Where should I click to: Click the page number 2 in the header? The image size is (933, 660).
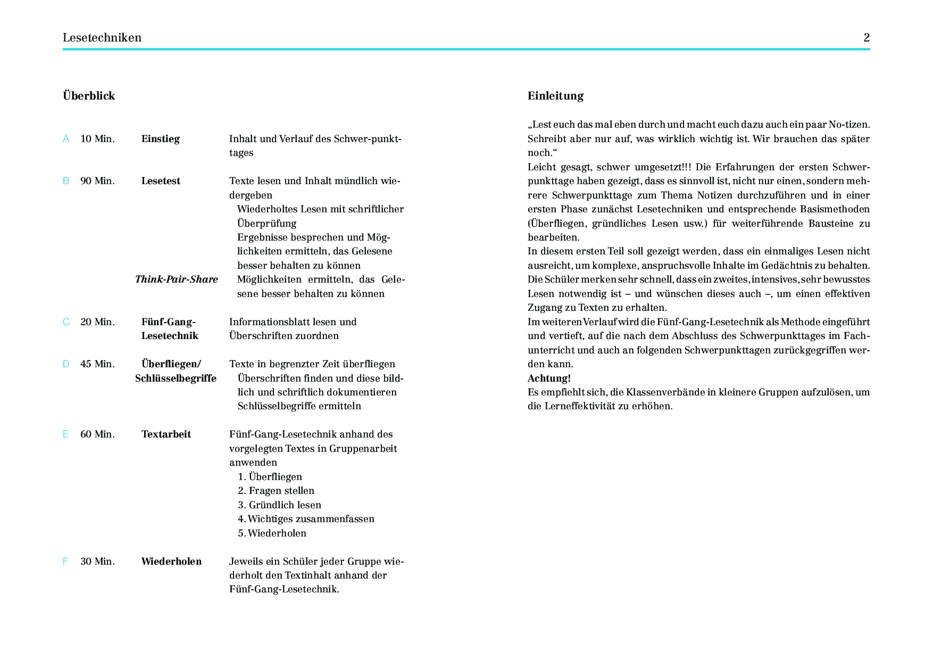pos(867,38)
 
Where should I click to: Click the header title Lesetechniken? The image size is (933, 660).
pos(102,38)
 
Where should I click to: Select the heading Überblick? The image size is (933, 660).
pos(89,96)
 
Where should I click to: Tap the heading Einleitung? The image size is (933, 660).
pos(555,96)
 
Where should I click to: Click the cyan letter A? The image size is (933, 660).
pos(66,139)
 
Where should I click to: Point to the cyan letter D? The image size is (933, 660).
pos(66,364)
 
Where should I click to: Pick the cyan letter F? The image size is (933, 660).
pos(65,562)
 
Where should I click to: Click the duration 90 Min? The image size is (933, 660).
pos(97,181)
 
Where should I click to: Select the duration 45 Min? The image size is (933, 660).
pos(97,364)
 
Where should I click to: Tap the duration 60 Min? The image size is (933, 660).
pos(97,434)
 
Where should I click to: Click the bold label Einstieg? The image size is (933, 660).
pos(161,139)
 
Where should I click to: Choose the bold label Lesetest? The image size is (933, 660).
pos(161,181)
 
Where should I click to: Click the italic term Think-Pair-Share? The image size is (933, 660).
pos(177,279)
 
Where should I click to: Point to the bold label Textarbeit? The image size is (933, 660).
pos(166,434)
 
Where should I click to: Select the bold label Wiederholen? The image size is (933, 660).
pos(171,562)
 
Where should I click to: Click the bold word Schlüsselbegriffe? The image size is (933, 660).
pos(176,378)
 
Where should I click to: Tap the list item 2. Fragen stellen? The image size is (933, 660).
pos(276,491)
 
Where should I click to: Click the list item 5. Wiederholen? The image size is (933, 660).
pos(272,533)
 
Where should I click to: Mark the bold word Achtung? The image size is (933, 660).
pos(549,378)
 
